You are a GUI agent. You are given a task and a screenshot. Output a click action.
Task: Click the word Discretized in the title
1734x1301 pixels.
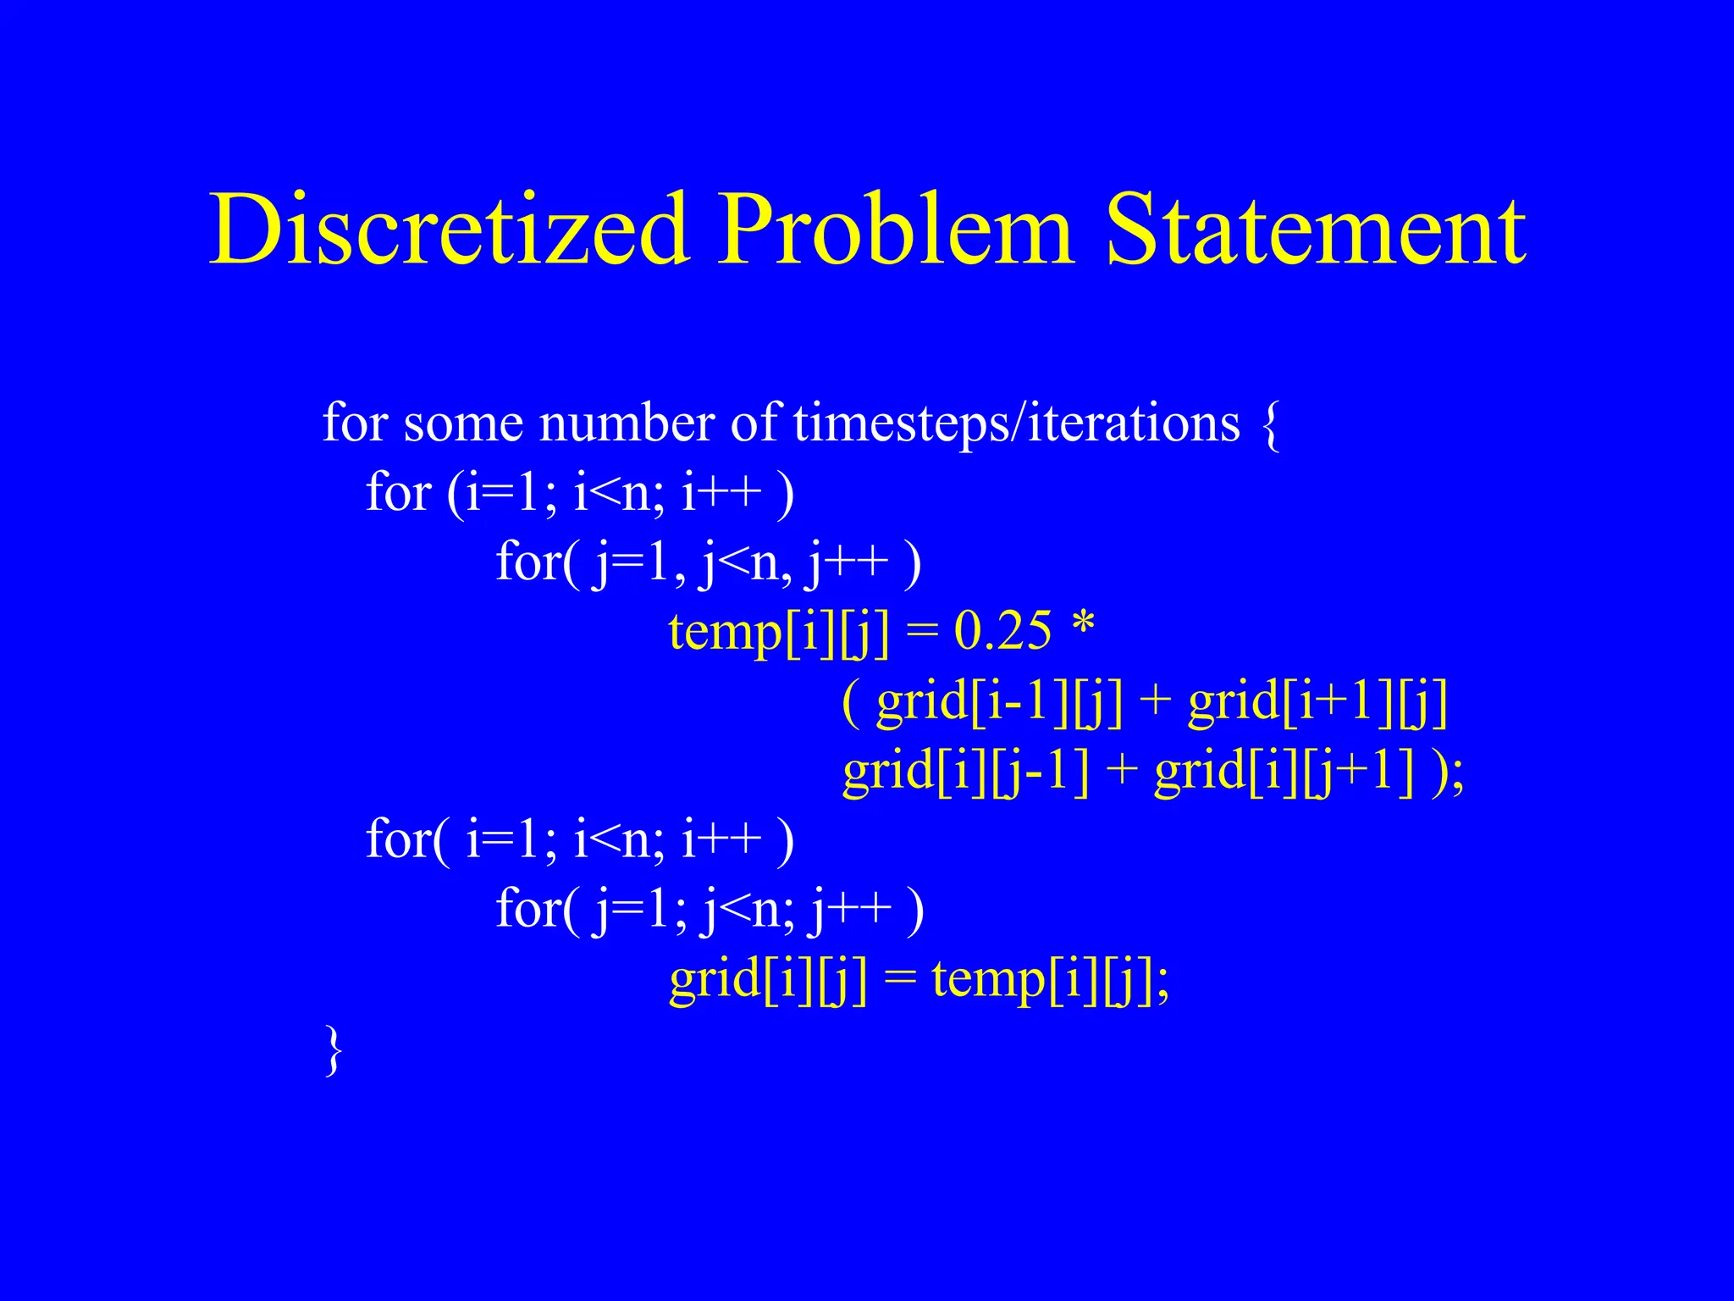448,230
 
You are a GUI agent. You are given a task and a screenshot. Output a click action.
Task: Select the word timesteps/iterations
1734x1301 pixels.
1016,423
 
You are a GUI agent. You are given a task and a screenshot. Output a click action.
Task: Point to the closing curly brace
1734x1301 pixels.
334,1049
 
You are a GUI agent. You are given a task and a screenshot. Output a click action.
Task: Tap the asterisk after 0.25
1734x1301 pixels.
1083,627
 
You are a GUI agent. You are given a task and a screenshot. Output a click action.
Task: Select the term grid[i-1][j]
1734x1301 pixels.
999,702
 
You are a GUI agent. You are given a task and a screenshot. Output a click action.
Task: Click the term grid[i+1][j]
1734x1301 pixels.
1317,702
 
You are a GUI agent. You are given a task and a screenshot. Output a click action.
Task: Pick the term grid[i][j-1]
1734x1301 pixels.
965,772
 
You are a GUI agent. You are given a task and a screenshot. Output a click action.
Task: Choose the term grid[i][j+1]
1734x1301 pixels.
1284,772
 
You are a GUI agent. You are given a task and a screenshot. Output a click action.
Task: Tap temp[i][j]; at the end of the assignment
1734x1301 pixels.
1050,980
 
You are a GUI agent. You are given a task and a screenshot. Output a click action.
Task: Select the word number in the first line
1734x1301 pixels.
627,423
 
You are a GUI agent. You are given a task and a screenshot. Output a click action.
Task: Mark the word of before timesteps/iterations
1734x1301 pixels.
754,423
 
